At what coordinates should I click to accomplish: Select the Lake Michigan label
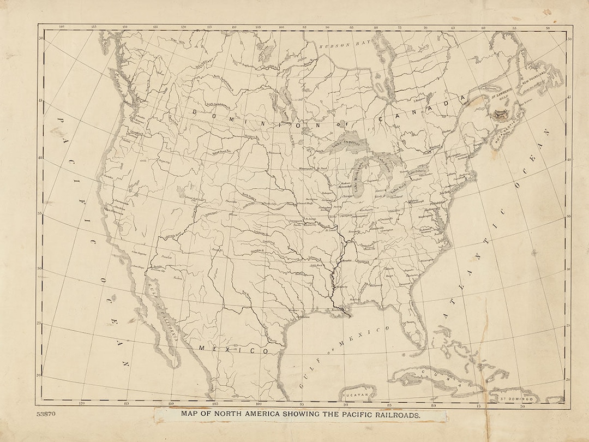pyautogui.click(x=358, y=181)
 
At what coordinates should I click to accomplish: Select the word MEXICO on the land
pyautogui.click(x=233, y=349)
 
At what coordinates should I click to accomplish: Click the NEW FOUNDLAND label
pyautogui.click(x=536, y=80)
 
